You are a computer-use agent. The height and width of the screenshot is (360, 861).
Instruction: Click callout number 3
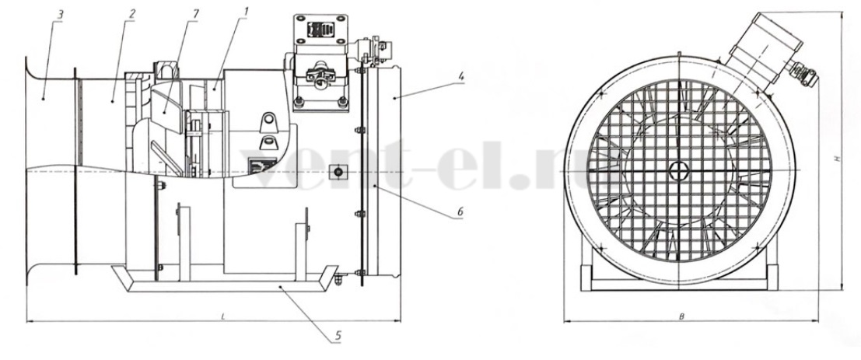coord(61,14)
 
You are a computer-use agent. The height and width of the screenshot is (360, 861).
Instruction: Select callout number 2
coord(131,14)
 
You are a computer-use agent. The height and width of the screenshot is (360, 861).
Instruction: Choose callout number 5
coord(338,335)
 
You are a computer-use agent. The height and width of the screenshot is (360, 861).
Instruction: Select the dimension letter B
coord(681,316)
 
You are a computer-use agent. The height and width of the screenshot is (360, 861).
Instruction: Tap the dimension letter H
coord(837,158)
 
